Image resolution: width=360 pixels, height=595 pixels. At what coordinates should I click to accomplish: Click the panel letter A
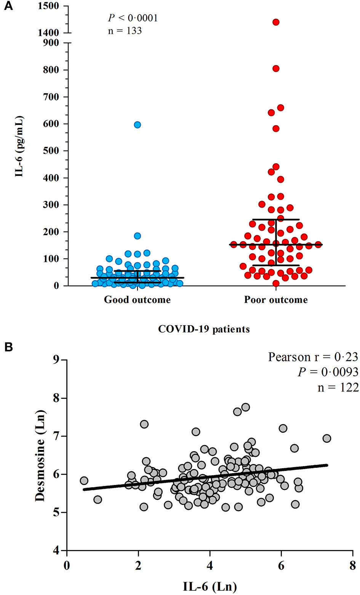(8, 6)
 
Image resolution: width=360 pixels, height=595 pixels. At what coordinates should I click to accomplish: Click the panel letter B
(8, 347)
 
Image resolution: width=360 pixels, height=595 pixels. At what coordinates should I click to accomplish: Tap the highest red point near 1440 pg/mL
(276, 22)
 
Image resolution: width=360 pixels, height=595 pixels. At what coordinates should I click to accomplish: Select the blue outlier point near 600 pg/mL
(137, 125)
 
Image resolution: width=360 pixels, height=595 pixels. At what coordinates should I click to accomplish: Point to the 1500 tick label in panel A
(49, 6)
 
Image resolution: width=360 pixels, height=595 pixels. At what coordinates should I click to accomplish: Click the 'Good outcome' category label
(137, 300)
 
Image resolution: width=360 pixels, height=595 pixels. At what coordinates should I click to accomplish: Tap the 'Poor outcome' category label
(276, 300)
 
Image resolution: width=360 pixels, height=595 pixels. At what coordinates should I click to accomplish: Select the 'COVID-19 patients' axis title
(204, 329)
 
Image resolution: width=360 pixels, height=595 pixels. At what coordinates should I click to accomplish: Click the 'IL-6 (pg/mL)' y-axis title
(19, 147)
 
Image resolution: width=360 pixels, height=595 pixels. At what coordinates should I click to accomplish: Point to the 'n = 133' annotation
(125, 31)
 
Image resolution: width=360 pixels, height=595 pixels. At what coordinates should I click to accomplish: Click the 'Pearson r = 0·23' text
(313, 357)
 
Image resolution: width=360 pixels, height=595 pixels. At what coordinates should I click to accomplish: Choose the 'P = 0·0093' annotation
(328, 372)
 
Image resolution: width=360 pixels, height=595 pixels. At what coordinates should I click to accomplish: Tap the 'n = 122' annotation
(338, 388)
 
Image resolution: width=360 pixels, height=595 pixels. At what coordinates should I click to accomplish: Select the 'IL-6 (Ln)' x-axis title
(210, 586)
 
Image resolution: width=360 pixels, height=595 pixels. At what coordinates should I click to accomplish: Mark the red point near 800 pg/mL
(276, 69)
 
